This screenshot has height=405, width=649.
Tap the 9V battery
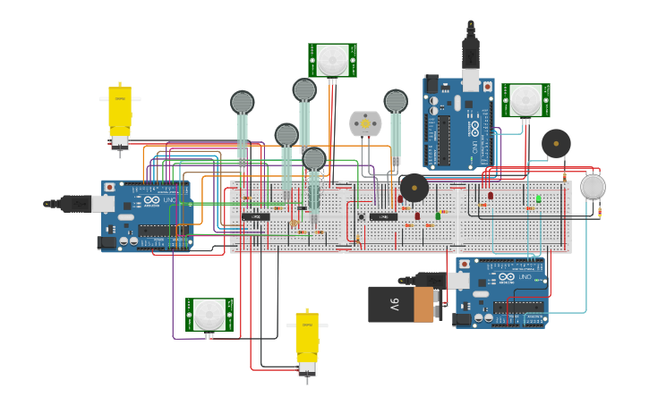pyautogui.click(x=403, y=304)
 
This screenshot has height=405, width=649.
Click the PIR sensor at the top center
pyautogui.click(x=333, y=60)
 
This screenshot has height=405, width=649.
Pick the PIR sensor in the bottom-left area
pyautogui.click(x=209, y=315)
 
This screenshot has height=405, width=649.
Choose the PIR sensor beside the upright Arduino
pyautogui.click(x=525, y=100)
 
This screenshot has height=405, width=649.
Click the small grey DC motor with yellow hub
pyautogui.click(x=365, y=123)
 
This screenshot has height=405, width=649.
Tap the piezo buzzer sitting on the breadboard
pyautogui.click(x=414, y=188)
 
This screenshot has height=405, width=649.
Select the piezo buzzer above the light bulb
pyautogui.click(x=556, y=143)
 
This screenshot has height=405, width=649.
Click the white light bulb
pyautogui.click(x=593, y=187)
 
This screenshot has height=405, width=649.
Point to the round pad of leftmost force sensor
pyautogui.click(x=243, y=102)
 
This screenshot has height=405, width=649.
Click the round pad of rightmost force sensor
pyautogui.click(x=396, y=100)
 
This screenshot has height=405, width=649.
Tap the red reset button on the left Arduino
pyautogui.click(x=110, y=188)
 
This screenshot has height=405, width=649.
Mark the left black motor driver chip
pyautogui.click(x=256, y=216)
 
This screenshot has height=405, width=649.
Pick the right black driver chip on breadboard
pyautogui.click(x=383, y=216)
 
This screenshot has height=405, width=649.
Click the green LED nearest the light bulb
pyautogui.click(x=538, y=198)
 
